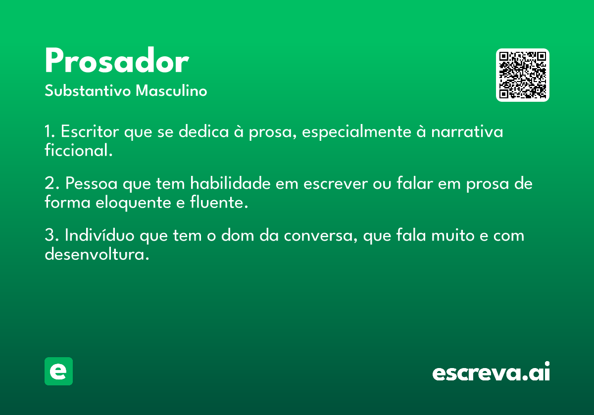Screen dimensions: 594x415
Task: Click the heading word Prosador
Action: pyautogui.click(x=117, y=60)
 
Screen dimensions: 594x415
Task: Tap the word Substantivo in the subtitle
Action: pyautogui.click(x=88, y=90)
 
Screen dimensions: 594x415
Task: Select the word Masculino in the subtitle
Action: pyautogui.click(x=171, y=90)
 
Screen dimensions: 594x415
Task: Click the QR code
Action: pyautogui.click(x=522, y=75)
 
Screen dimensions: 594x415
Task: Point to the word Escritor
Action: pyautogui.click(x=90, y=131)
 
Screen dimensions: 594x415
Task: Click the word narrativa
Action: pyautogui.click(x=467, y=131)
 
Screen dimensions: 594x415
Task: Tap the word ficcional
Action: pyautogui.click(x=79, y=150)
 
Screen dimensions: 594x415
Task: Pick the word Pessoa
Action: pyautogui.click(x=91, y=183)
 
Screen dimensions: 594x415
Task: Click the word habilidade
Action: pyautogui.click(x=230, y=183)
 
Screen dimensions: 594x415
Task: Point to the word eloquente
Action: pyautogui.click(x=133, y=203)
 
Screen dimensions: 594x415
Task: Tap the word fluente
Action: pyautogui.click(x=219, y=202)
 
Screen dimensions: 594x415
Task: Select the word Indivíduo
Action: pyautogui.click(x=99, y=235)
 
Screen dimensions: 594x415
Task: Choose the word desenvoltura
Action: pyautogui.click(x=97, y=254)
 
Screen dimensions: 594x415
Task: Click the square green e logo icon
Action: pyautogui.click(x=58, y=371)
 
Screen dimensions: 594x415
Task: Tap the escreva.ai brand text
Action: pyautogui.click(x=491, y=372)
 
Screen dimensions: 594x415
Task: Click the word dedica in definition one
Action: pyautogui.click(x=203, y=131)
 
